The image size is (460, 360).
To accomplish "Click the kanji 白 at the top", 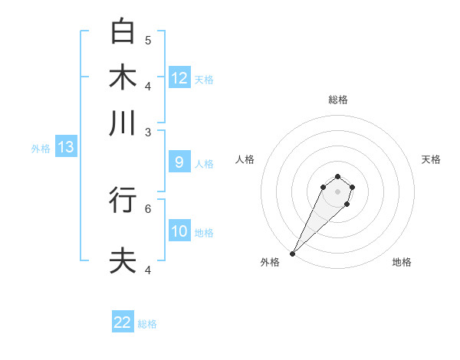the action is coord(123,31).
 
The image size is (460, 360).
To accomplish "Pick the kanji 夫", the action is coord(123,260).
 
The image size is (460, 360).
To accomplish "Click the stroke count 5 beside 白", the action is coord(148,40).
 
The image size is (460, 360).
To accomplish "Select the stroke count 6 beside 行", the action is coord(148,208).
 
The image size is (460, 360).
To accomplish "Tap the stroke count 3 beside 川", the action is coord(148,132).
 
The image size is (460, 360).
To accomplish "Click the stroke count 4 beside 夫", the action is coord(148,270).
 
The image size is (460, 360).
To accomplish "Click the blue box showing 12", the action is coord(179,78).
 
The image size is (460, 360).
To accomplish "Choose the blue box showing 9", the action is coord(179,162).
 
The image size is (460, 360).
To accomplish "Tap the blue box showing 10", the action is coord(179,231).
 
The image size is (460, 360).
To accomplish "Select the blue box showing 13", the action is coord(65,148).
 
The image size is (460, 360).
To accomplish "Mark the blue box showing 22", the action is coord(123,322).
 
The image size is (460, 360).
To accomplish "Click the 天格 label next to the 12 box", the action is coord(204,80).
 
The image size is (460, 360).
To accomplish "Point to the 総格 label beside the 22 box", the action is coord(147,324).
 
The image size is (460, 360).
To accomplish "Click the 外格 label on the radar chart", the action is coord(270,262).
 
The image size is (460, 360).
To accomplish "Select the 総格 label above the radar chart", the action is coord(337,100).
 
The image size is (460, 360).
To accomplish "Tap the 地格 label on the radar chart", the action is coord(402,262).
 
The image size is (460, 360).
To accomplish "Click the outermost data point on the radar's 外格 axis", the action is coord(293,253).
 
